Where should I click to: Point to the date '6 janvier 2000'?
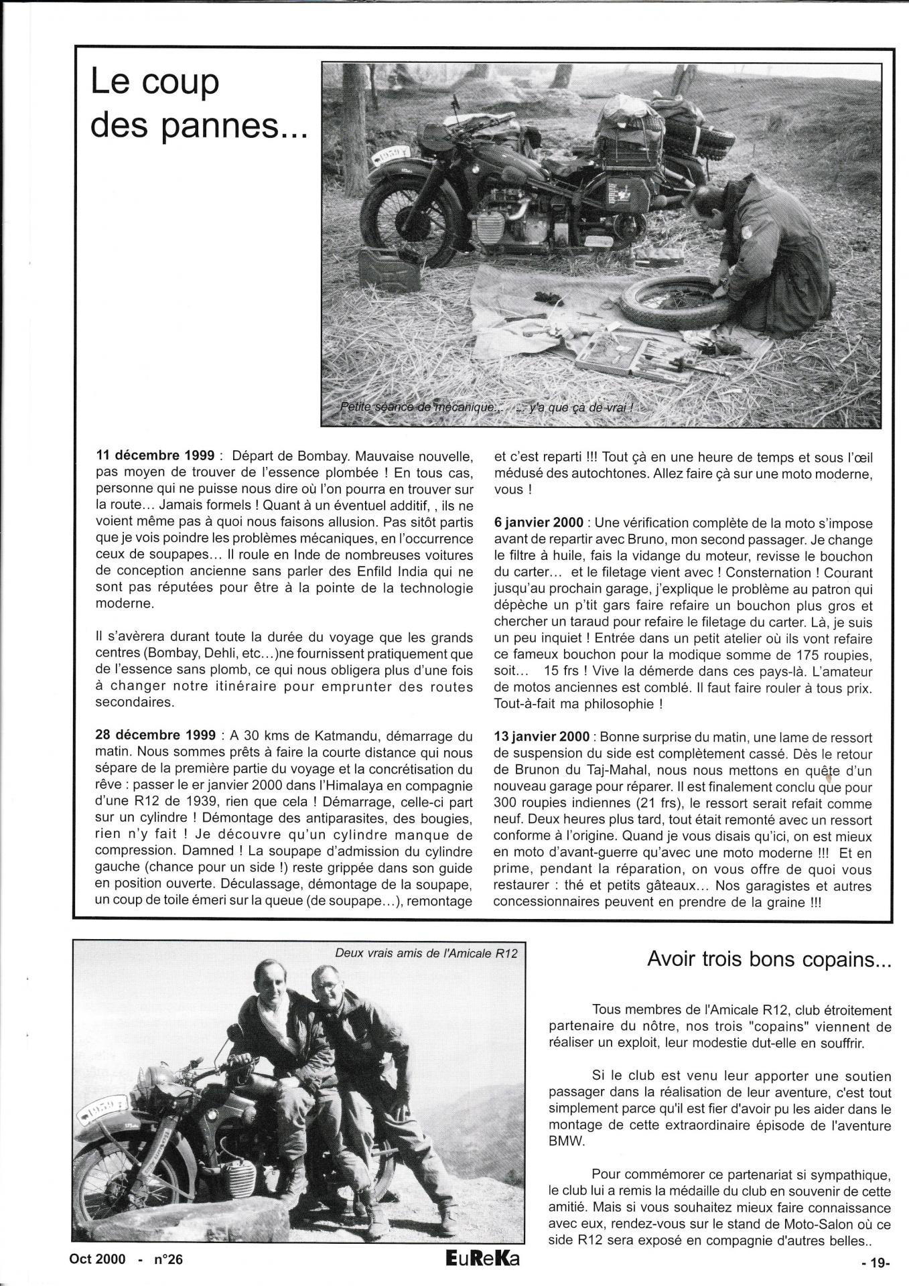click(538, 523)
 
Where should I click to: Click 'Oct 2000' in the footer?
click(97, 1259)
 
